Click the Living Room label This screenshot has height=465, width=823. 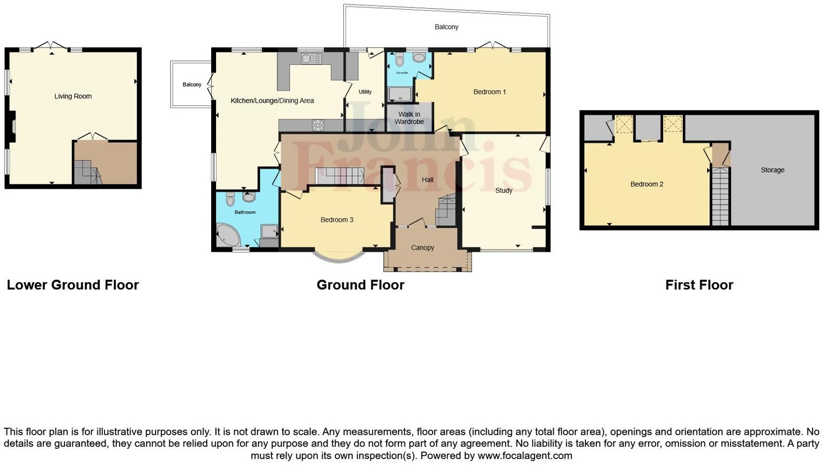73,96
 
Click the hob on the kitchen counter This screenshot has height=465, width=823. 318,125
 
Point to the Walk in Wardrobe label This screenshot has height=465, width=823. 409,118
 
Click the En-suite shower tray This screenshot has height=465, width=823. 400,95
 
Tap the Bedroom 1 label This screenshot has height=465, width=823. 489,92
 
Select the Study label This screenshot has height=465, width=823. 504,190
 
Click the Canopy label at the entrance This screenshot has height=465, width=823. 422,248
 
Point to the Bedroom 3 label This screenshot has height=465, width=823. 337,220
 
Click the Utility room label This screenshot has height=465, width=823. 365,92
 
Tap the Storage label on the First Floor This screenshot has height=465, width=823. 772,170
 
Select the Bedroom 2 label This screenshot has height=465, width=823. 646,184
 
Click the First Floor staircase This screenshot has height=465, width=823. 720,197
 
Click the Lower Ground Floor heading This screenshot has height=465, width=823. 73,285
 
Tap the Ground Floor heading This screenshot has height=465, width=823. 360,285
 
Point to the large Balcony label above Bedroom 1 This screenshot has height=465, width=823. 446,27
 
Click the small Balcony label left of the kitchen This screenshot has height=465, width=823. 192,85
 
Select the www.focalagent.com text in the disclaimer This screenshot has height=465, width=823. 525,455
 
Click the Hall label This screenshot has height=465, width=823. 427,180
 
